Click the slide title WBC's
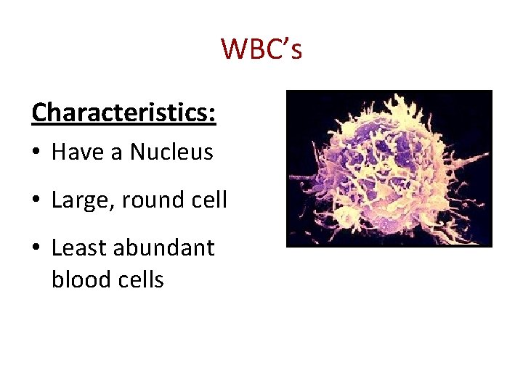click(261, 49)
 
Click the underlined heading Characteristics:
click(124, 113)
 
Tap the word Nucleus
click(171, 152)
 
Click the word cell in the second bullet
click(209, 200)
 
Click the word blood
click(77, 279)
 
